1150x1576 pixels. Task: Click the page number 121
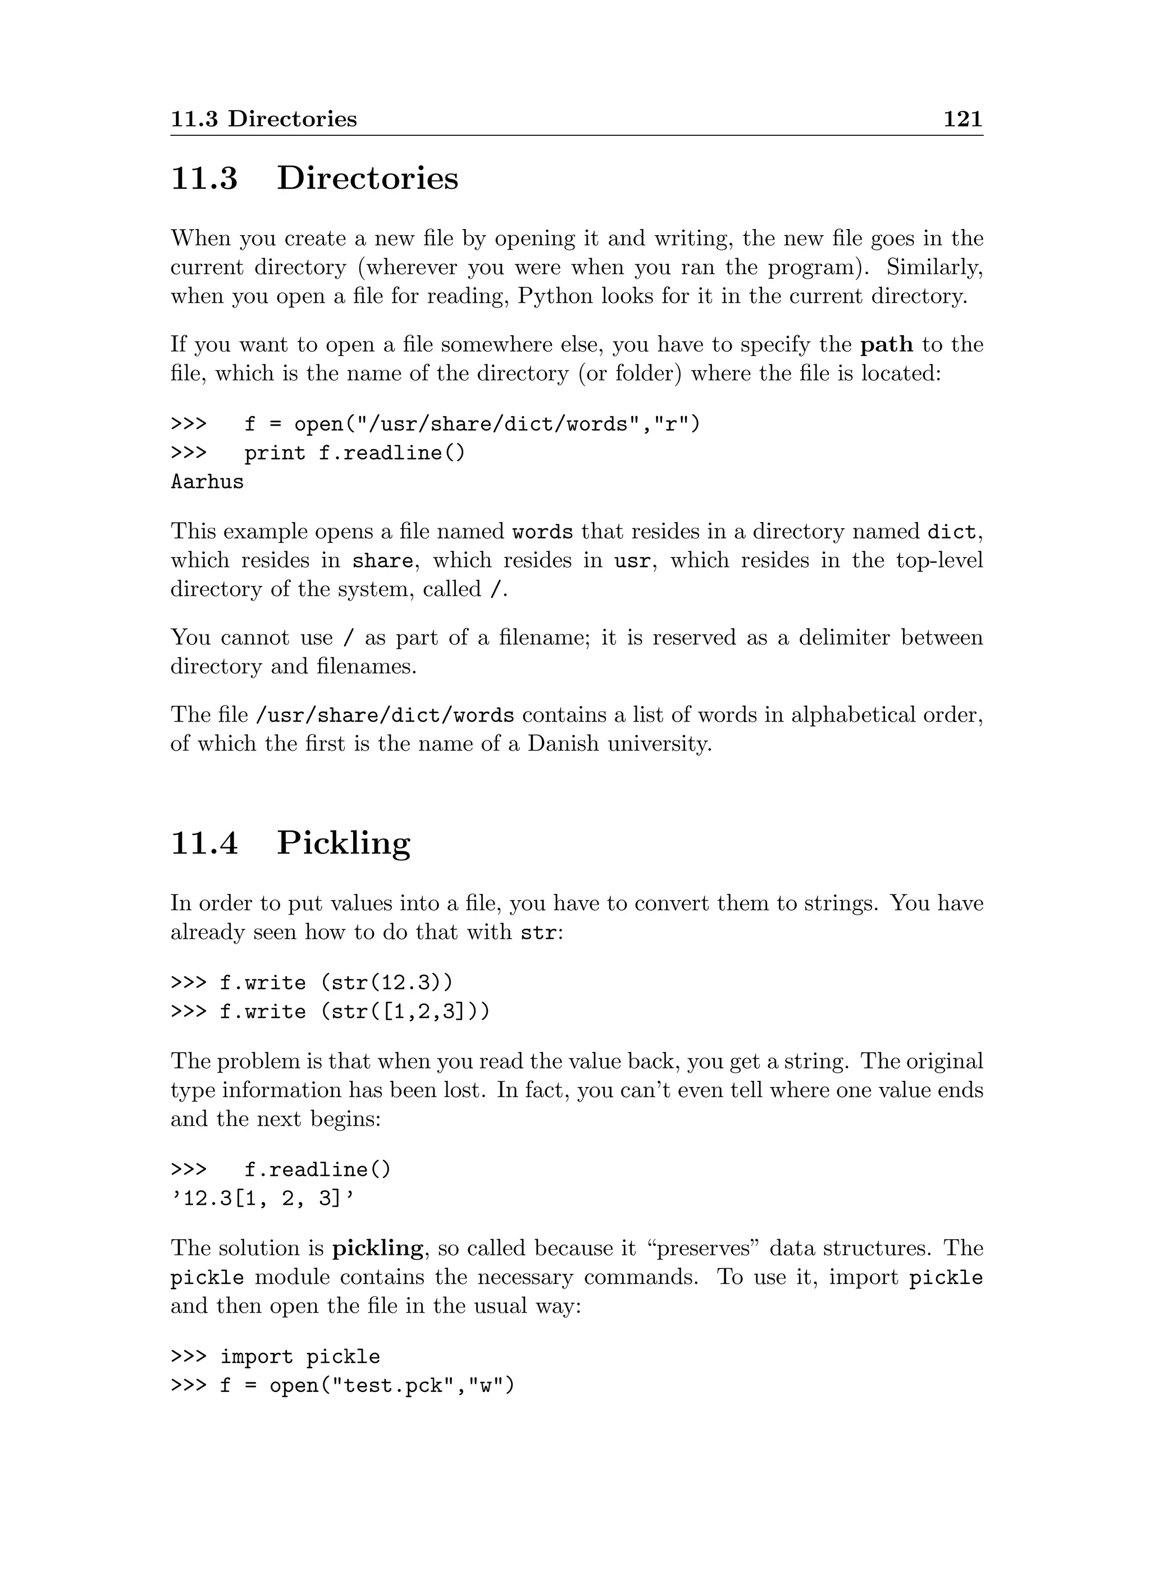(x=963, y=119)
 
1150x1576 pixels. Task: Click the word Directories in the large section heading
(x=368, y=178)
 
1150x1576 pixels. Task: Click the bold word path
(x=886, y=345)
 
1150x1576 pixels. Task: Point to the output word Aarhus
(x=207, y=482)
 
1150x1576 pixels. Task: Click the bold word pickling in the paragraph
(x=377, y=1248)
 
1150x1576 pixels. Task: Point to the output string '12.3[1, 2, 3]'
(x=263, y=1199)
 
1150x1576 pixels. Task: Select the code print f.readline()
(x=354, y=453)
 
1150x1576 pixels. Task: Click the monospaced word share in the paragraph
(x=382, y=561)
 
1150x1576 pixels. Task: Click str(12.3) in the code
(x=386, y=983)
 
